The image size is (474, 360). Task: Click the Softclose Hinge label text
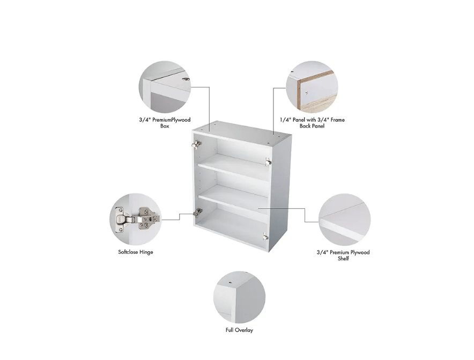click(136, 252)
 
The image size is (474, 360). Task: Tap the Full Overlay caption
click(239, 330)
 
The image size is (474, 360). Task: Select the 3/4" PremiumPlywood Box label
click(165, 123)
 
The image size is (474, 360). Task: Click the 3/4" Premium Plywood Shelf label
click(343, 255)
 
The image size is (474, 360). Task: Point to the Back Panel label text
click(312, 126)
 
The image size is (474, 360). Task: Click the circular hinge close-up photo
click(136, 219)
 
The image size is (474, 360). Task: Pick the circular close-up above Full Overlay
click(239, 297)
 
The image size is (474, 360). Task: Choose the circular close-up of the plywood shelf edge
click(345, 219)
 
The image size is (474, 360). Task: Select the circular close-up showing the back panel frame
click(312, 87)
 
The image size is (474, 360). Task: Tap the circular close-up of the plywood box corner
click(165, 87)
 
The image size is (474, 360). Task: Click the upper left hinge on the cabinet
click(197, 144)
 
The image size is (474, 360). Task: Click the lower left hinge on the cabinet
click(197, 212)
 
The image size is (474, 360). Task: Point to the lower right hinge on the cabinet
click(265, 236)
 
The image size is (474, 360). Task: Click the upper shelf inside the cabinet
click(233, 167)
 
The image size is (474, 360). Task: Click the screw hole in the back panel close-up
click(306, 92)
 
